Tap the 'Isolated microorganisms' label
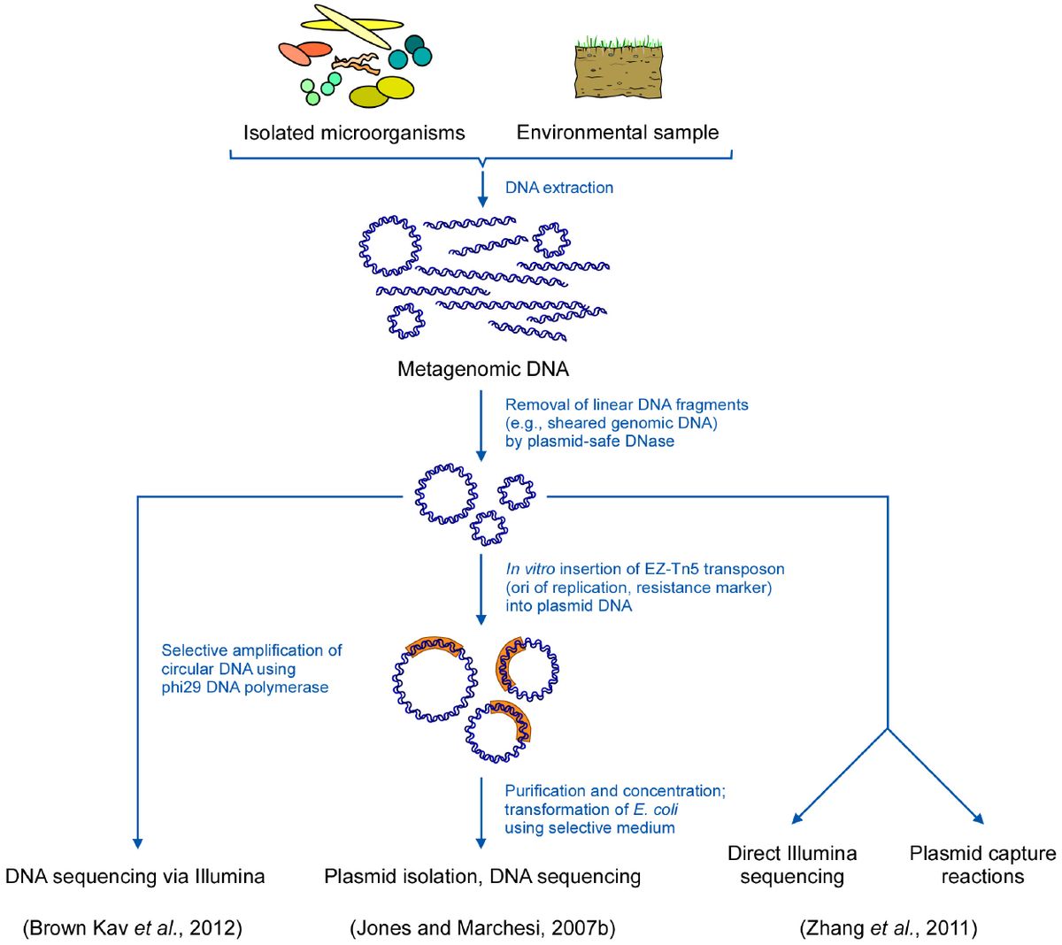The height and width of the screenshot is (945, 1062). pyautogui.click(x=354, y=133)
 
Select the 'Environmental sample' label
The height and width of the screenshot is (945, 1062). pyautogui.click(x=618, y=133)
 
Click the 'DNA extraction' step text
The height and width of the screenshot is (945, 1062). pyautogui.click(x=559, y=188)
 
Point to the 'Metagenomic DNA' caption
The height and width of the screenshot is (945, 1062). pyautogui.click(x=483, y=369)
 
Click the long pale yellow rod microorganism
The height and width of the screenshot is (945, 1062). pyautogui.click(x=352, y=27)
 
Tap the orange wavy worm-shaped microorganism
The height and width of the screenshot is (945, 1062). pyautogui.click(x=356, y=64)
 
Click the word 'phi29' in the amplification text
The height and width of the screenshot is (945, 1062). pyautogui.click(x=181, y=688)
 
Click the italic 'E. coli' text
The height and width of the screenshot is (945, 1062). pyautogui.click(x=656, y=810)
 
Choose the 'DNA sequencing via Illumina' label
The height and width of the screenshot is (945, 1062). pyautogui.click(x=135, y=877)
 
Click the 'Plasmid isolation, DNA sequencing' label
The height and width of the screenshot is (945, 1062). pyautogui.click(x=482, y=877)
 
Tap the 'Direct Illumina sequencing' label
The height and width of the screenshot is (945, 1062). pyautogui.click(x=792, y=865)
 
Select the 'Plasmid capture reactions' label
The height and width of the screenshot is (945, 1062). pyautogui.click(x=982, y=865)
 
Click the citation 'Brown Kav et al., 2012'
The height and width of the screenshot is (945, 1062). pyautogui.click(x=133, y=928)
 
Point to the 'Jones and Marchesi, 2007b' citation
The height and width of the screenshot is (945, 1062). pyautogui.click(x=483, y=928)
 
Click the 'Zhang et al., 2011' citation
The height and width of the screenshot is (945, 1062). pyautogui.click(x=889, y=928)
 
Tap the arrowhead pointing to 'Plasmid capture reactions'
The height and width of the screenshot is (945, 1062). pyautogui.click(x=980, y=818)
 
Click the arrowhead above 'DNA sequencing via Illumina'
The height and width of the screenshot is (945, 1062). pyautogui.click(x=137, y=842)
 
